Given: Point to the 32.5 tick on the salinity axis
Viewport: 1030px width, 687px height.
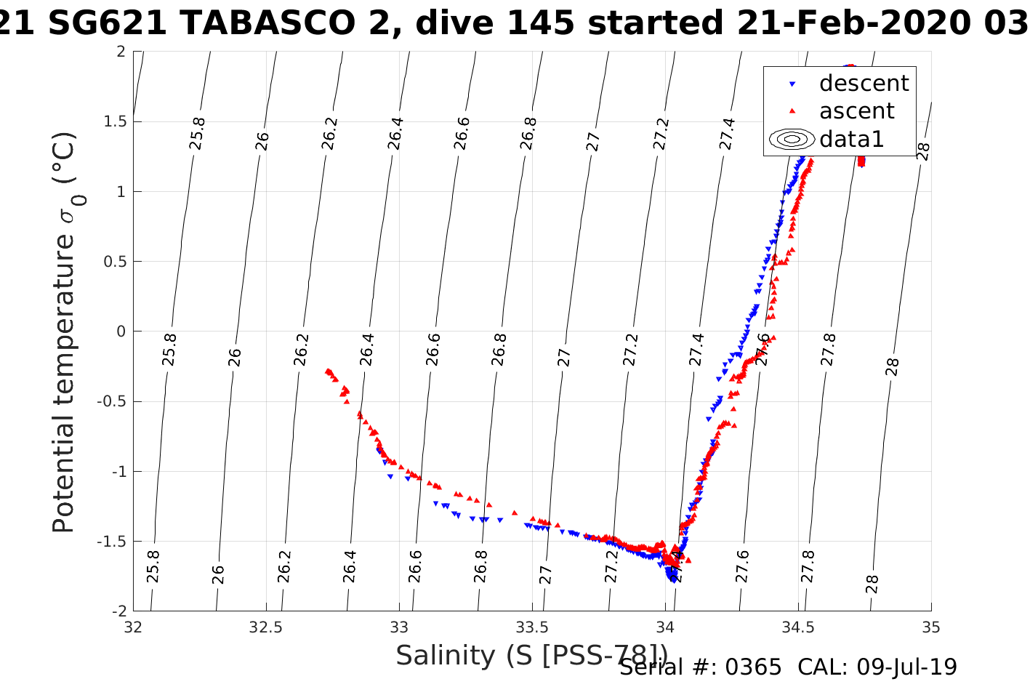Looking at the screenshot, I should click(266, 627).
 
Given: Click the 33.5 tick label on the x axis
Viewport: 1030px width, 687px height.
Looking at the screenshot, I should click(532, 627).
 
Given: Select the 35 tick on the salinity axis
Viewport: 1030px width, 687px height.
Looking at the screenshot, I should click(930, 627).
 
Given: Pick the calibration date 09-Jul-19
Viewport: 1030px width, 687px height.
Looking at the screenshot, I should click(906, 667).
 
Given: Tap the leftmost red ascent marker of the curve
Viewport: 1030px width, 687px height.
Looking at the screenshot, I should click(328, 371).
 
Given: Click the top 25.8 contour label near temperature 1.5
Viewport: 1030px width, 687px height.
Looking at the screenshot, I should click(197, 134).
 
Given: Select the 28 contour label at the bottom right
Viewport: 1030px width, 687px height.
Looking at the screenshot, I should click(873, 584).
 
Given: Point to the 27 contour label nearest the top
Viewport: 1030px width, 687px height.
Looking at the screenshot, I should click(594, 141).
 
